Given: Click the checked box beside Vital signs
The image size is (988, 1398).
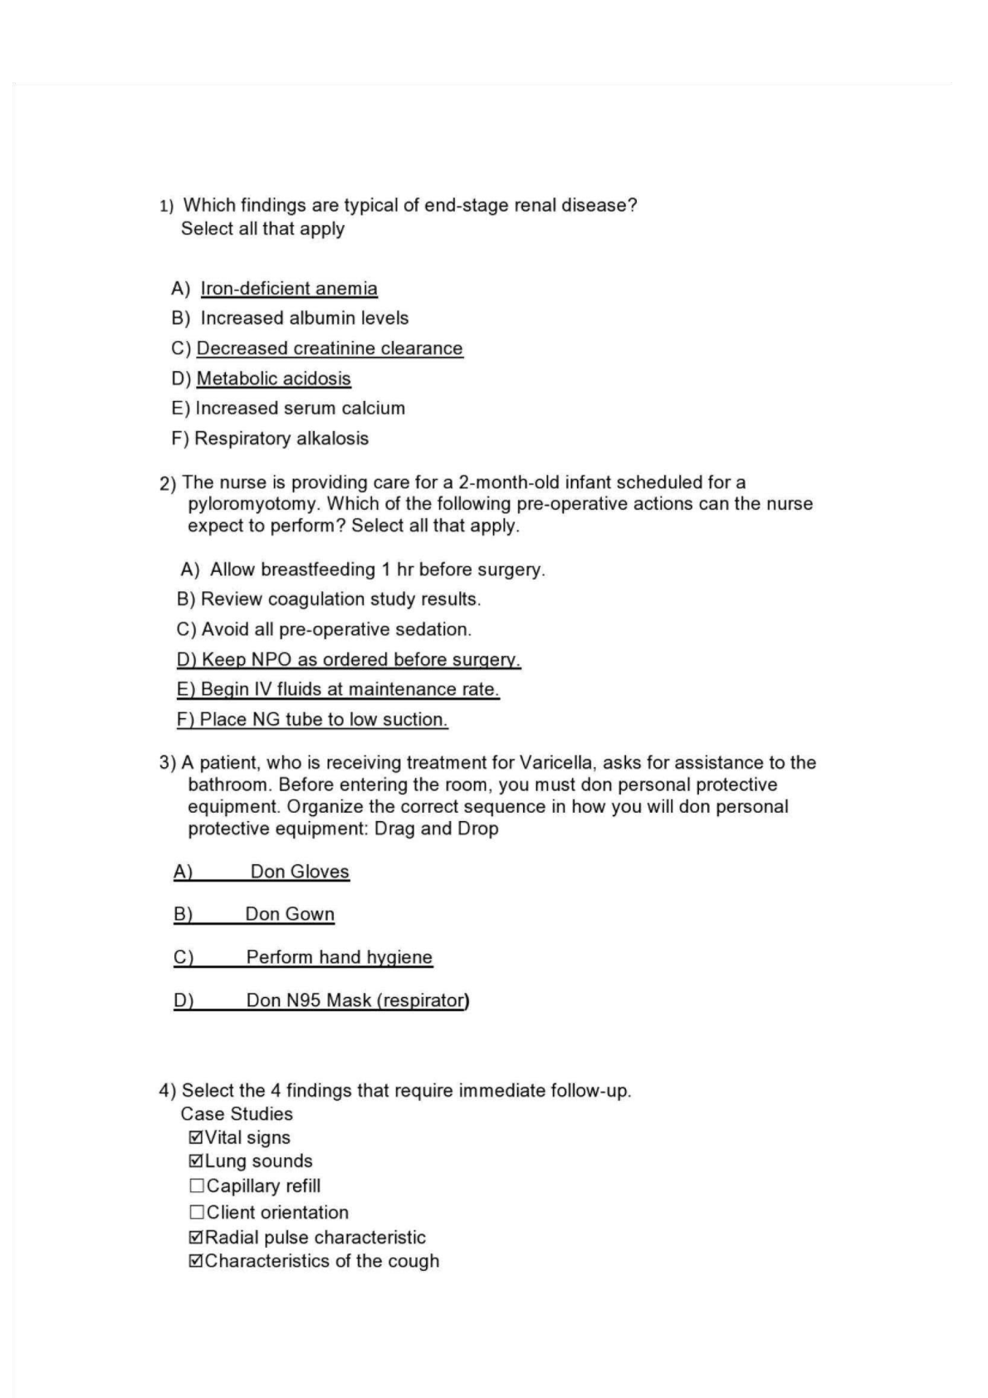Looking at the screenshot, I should (196, 1137).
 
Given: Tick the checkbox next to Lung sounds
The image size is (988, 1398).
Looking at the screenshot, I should (196, 1161).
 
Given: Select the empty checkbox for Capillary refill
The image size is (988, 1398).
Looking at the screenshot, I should (197, 1186).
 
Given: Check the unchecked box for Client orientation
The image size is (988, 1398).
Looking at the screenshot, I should (197, 1212).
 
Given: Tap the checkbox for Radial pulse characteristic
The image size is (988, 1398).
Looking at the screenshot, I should (196, 1237).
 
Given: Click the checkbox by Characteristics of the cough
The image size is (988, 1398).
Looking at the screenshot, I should (196, 1261).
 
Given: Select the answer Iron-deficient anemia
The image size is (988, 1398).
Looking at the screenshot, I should (288, 288).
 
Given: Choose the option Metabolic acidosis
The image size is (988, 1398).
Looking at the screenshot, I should (273, 379).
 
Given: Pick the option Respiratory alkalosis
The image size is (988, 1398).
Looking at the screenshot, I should (281, 438).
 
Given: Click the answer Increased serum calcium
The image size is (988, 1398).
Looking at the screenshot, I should (300, 408).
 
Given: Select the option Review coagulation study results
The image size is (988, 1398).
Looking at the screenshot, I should (340, 599).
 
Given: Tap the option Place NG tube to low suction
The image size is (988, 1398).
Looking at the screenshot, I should (323, 720).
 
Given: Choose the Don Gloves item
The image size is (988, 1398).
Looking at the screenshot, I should (300, 872).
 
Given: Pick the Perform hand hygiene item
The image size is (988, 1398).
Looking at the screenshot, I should (339, 957).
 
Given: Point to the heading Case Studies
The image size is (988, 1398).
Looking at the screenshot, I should (237, 1114).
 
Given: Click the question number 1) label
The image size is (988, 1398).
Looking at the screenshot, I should (166, 206).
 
